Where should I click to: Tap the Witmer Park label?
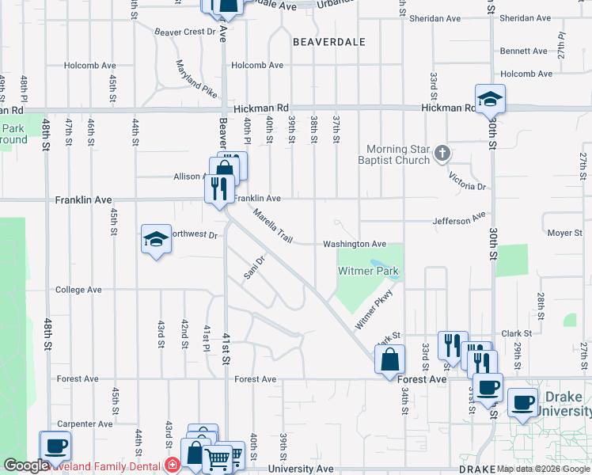367,272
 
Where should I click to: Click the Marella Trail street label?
273,226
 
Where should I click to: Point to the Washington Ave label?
354,245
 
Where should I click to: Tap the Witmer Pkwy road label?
374,310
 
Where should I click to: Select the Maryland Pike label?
196,79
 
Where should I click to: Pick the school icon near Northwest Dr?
157,238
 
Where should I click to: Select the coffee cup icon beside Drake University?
522,402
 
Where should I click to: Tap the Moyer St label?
564,234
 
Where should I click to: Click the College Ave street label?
78,290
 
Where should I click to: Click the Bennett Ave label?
523,51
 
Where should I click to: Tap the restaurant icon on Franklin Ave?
219,188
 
